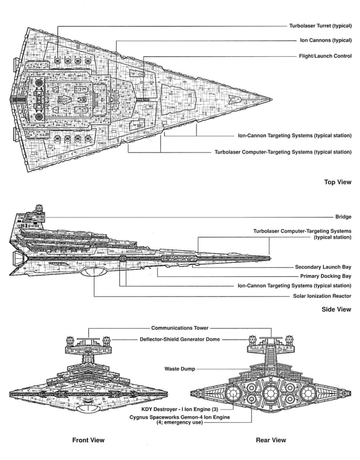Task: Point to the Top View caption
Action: [x=338, y=182]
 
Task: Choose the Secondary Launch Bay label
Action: [x=323, y=267]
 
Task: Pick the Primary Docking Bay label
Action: [x=326, y=276]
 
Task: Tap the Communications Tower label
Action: [x=180, y=328]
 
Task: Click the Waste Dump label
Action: [x=180, y=369]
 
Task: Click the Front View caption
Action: [x=89, y=440]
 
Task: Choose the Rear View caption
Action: [x=271, y=440]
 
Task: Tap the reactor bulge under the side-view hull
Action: [x=94, y=273]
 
